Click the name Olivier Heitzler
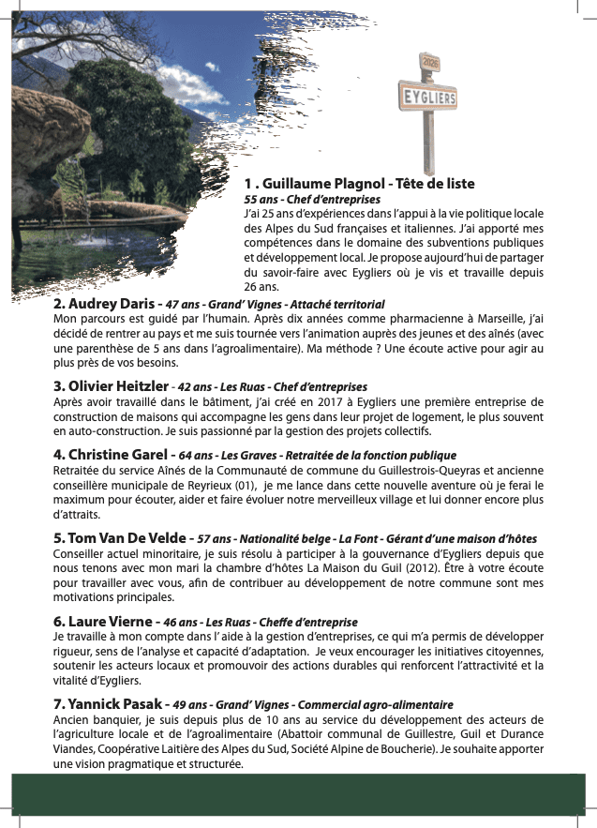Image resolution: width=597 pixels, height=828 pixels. click(x=119, y=386)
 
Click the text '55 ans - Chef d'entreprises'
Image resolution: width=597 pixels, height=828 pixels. click(x=312, y=200)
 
